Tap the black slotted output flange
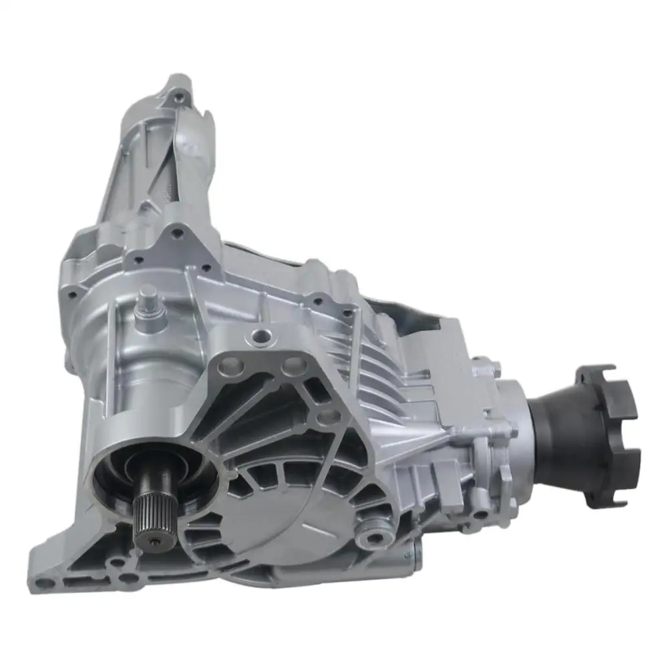(x=608, y=428)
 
